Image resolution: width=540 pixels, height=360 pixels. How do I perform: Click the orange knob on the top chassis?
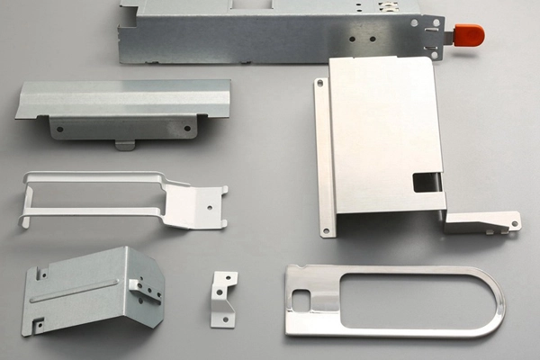tap(469, 35)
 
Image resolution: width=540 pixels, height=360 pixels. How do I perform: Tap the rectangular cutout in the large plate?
tap(424, 182)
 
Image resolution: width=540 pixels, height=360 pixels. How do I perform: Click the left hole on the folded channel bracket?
tap(59, 129)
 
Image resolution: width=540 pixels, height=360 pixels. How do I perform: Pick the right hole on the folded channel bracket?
tap(187, 128)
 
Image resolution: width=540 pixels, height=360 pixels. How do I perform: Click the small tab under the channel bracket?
tap(124, 144)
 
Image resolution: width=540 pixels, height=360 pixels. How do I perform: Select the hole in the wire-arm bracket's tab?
tap(211, 205)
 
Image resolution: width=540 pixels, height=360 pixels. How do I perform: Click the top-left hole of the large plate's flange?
tap(320, 84)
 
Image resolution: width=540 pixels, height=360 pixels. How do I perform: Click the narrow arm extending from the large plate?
tap(481, 221)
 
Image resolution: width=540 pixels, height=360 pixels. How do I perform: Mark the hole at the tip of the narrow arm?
tap(510, 223)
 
